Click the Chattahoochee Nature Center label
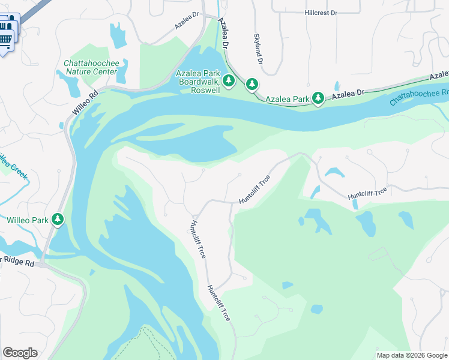tap(91, 67)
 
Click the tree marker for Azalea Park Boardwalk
tap(228, 80)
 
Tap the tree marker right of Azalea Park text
tap(318, 97)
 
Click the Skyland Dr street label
tap(259, 49)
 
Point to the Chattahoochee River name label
tap(419, 97)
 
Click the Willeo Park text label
tap(28, 220)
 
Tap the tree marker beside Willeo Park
tap(58, 219)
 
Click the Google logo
tap(20, 353)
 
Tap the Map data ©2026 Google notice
tap(411, 355)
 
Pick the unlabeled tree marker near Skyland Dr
tap(252, 85)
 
